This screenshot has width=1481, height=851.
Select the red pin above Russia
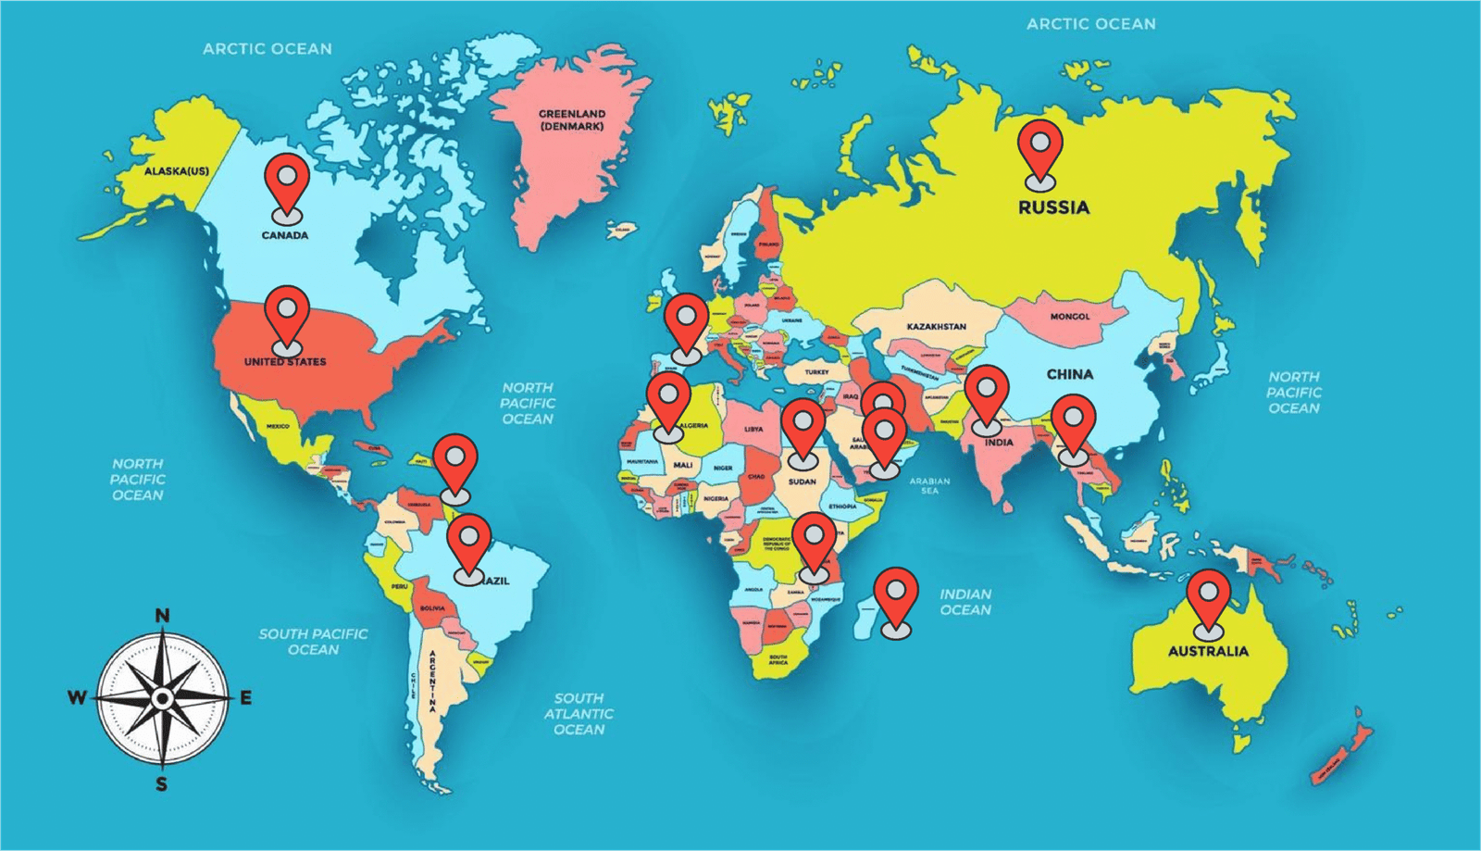pos(1040,148)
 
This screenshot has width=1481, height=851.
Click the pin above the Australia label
pos(1209,597)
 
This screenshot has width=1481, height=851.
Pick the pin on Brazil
pos(469,542)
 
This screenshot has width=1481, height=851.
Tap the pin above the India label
pos(986,393)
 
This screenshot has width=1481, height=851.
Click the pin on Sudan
pos(803,427)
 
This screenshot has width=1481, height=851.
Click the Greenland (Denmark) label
pos(572,120)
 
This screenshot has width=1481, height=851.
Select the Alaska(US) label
pos(177,171)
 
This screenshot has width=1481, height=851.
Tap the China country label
pos(1070,374)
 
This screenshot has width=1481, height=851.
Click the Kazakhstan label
pos(936,327)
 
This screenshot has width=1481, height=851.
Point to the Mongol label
pos(1070,317)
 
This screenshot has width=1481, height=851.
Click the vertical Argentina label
pos(432,681)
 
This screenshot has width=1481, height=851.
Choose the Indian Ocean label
pos(965,602)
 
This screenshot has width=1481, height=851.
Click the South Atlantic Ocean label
pos(579,714)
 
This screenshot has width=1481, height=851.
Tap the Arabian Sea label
pos(929,485)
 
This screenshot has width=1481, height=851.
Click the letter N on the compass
pos(162,616)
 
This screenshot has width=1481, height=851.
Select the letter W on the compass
pos(77,697)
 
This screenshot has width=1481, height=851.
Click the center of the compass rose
pos(163,697)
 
